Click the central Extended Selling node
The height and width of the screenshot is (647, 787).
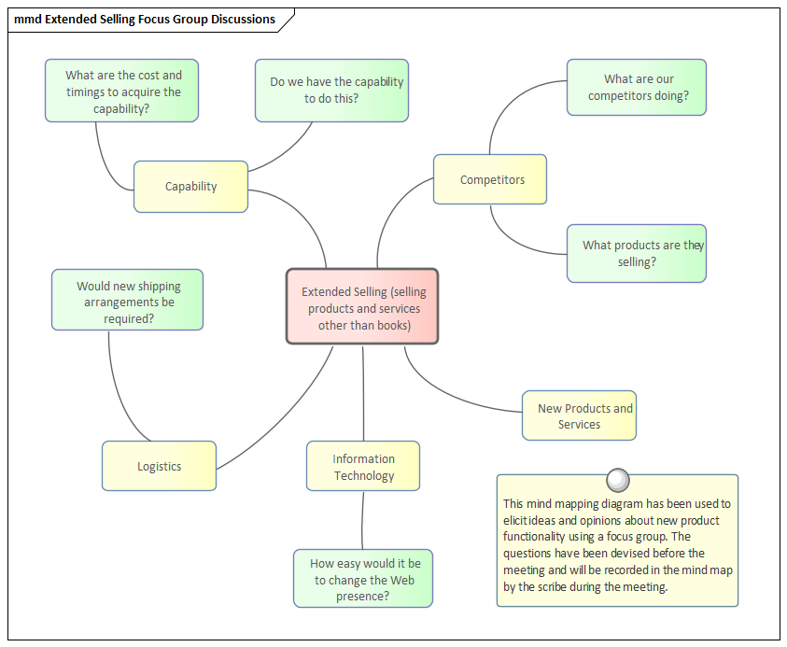pyautogui.click(x=362, y=307)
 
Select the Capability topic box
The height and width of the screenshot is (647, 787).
pyautogui.click(x=190, y=187)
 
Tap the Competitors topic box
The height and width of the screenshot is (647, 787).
pyautogui.click(x=490, y=179)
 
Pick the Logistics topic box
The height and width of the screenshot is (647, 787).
pyautogui.click(x=159, y=466)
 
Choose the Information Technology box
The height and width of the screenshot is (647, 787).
pyautogui.click(x=363, y=467)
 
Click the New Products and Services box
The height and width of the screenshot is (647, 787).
pyautogui.click(x=579, y=415)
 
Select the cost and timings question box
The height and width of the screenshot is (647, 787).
pyautogui.click(x=122, y=91)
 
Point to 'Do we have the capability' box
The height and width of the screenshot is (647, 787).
pyautogui.click(x=332, y=90)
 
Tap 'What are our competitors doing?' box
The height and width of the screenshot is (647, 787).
pyautogui.click(x=637, y=87)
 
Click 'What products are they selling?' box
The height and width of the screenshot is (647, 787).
pyautogui.click(x=637, y=253)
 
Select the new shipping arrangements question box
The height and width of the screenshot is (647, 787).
pyautogui.click(x=127, y=302)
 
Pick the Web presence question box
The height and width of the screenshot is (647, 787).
pyautogui.click(x=364, y=579)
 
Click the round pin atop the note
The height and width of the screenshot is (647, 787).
pyautogui.click(x=617, y=480)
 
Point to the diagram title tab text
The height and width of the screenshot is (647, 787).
pyautogui.click(x=145, y=20)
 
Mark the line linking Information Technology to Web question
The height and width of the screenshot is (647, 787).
pyautogui.click(x=362, y=520)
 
